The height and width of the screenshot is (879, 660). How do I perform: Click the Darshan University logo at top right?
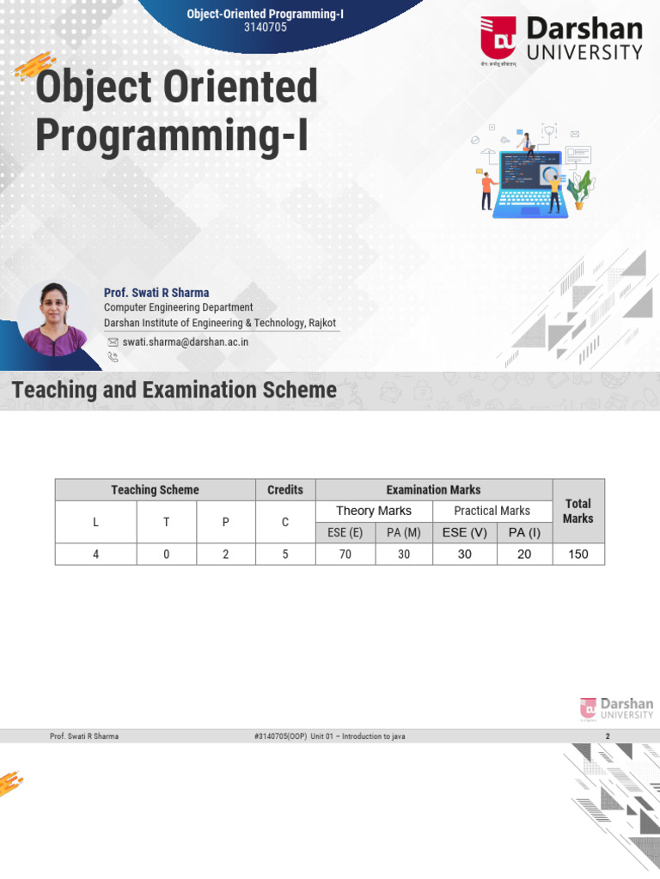coord(561,40)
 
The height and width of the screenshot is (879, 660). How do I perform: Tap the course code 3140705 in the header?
coord(266,27)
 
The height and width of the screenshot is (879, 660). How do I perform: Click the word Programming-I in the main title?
coord(171,135)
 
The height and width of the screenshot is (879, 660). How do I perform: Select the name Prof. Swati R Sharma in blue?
coord(156,293)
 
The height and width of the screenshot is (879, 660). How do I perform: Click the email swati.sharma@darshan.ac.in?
coord(186,342)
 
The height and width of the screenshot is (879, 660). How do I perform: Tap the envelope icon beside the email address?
coord(113,342)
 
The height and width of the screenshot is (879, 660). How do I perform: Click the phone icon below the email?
coord(113,356)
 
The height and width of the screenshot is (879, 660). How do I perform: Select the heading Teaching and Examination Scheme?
coord(174,391)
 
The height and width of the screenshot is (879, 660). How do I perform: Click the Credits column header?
coord(285,490)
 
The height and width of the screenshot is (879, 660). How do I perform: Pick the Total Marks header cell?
coord(577,511)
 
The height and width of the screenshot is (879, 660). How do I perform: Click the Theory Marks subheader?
coord(374,511)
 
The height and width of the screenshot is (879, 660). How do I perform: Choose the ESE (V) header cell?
coord(465,532)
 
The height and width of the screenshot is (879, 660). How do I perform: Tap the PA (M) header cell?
coord(404,532)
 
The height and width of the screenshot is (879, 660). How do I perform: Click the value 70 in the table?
coord(345,555)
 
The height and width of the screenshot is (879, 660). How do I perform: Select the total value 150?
coord(578,555)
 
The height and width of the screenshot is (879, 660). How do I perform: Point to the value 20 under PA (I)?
coord(524,555)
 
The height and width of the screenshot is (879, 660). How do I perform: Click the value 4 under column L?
coord(96,555)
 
